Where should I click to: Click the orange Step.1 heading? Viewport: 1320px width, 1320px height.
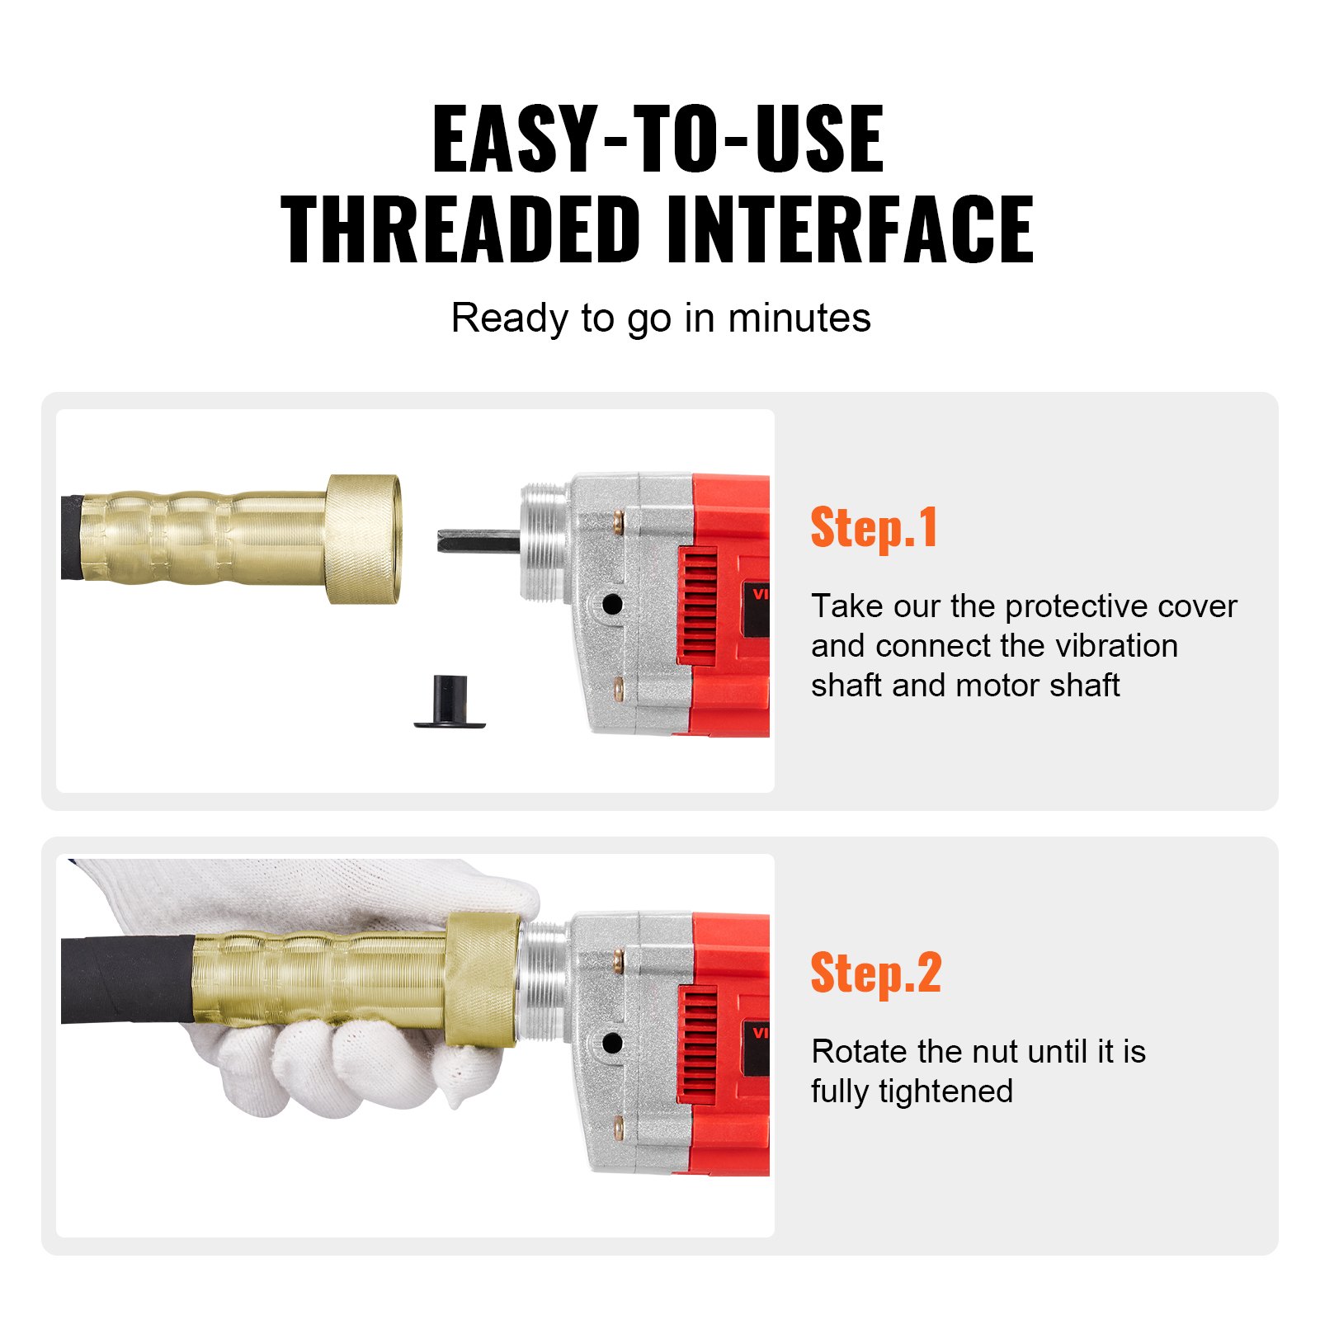point(874,529)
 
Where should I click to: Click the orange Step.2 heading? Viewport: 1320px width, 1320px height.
point(875,974)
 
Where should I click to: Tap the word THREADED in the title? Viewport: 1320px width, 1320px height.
point(461,230)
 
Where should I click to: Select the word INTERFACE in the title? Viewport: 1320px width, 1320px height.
point(849,230)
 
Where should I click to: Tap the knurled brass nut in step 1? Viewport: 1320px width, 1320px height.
point(364,539)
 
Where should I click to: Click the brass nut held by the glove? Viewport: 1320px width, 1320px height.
point(481,979)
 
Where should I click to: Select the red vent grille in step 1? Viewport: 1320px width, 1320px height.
point(697,607)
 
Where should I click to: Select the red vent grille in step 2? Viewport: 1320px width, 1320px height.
point(697,1045)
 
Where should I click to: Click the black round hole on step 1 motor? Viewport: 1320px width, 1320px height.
point(612,604)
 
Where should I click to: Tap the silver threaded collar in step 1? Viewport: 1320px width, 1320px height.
point(544,540)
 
